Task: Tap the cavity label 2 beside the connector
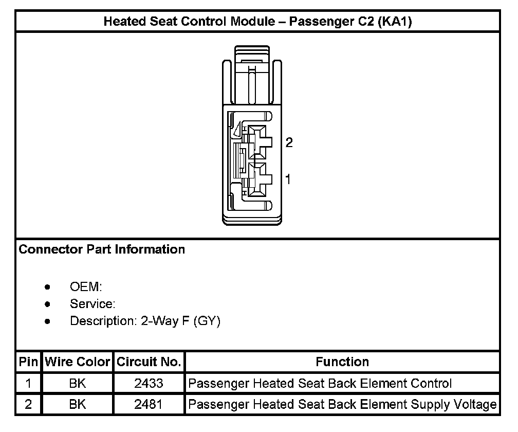[289, 142]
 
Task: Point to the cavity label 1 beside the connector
[288, 179]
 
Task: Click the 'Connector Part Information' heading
[102, 249]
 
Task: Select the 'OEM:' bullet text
[86, 287]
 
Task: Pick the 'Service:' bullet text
[92, 304]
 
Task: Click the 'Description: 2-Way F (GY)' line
[145, 321]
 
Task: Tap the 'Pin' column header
[28, 362]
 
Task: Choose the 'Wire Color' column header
[78, 362]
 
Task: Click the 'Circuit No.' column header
[149, 362]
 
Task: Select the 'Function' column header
[342, 362]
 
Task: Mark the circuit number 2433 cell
[149, 383]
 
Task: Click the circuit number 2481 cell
[149, 404]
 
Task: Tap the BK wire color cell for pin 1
[78, 383]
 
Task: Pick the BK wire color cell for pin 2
[78, 404]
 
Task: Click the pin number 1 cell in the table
[28, 383]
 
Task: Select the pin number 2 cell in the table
[28, 404]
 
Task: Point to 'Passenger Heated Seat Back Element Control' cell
[320, 383]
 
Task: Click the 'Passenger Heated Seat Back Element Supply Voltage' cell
[342, 404]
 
